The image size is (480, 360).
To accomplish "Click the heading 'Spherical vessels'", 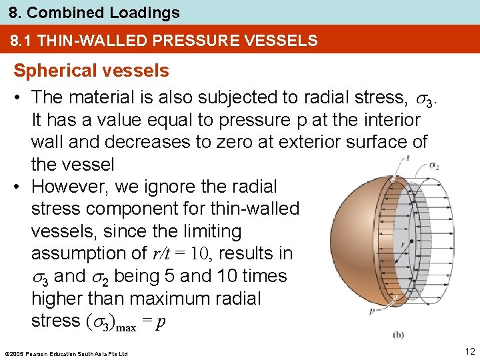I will tap(91, 71).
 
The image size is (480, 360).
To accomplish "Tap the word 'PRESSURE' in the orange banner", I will tap(185, 41).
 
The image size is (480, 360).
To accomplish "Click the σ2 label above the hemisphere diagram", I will tap(434, 165).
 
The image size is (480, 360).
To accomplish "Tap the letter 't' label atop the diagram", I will tap(407, 158).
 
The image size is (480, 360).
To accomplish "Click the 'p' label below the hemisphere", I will tap(371, 310).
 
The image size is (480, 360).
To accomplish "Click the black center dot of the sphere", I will tap(411, 241).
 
